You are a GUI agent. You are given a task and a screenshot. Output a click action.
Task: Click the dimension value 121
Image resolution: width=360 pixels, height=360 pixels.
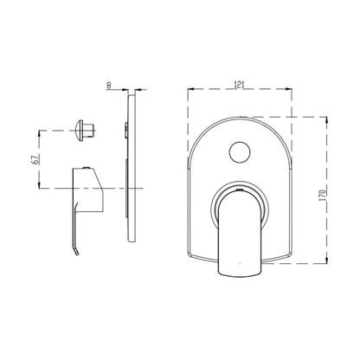point(240,85)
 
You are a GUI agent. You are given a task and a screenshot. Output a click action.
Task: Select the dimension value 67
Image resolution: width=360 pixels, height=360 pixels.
point(35,159)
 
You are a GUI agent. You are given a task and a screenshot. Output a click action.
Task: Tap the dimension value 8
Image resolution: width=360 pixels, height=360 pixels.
point(109,85)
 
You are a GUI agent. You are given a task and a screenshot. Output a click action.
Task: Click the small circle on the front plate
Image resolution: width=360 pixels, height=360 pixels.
point(240,152)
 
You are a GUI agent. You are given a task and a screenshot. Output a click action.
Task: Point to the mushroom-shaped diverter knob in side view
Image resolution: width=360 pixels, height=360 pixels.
point(84,131)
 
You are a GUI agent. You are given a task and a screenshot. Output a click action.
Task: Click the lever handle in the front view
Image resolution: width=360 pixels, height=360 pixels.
point(240,234)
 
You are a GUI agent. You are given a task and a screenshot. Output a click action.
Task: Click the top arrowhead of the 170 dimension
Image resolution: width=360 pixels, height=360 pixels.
point(326,119)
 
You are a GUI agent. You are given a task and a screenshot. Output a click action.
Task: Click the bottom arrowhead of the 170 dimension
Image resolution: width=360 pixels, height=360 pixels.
point(326,260)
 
